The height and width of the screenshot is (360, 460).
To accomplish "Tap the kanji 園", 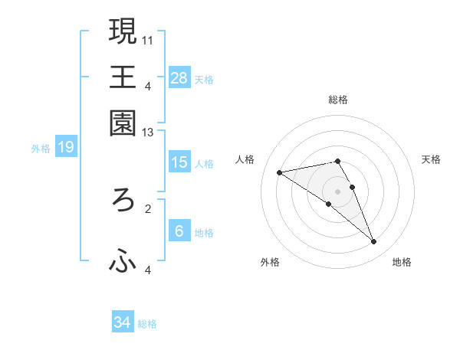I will (123, 123).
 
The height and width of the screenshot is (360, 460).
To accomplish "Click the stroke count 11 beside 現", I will (149, 38).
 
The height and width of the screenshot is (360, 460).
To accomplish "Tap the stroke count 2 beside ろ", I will (149, 208).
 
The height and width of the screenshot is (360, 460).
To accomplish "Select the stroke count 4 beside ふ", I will (149, 270).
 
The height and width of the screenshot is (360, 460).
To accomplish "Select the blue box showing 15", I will (179, 162).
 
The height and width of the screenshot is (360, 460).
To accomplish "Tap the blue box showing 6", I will (179, 231).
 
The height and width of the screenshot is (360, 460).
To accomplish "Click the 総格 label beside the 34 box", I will (147, 324).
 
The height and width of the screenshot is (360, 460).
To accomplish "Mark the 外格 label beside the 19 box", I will (41, 149).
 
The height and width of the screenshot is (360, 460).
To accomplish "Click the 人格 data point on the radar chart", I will (280, 172).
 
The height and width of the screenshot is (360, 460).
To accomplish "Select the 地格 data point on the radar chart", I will (374, 242).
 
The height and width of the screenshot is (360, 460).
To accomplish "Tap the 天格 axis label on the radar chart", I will (431, 159).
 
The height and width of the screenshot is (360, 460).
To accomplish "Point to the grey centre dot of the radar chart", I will (337, 191).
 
